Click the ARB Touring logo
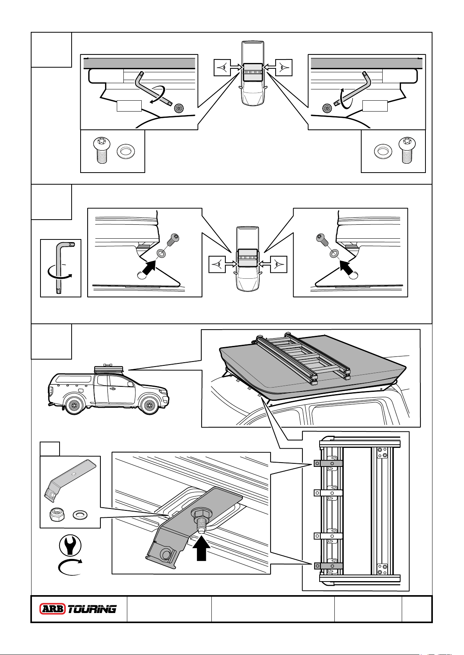click(x=78, y=609)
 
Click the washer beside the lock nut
click(x=80, y=515)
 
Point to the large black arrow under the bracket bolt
click(x=201, y=549)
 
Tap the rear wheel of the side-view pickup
click(x=73, y=405)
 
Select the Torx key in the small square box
click(x=60, y=268)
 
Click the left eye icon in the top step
click(x=223, y=67)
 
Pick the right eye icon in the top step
click(x=284, y=67)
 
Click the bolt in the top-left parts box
click(x=102, y=150)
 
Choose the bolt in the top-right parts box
click(x=407, y=150)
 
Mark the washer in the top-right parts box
click(x=383, y=151)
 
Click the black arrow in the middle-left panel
click(x=148, y=268)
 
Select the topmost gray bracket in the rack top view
click(x=328, y=463)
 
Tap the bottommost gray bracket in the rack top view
click(x=328, y=566)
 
